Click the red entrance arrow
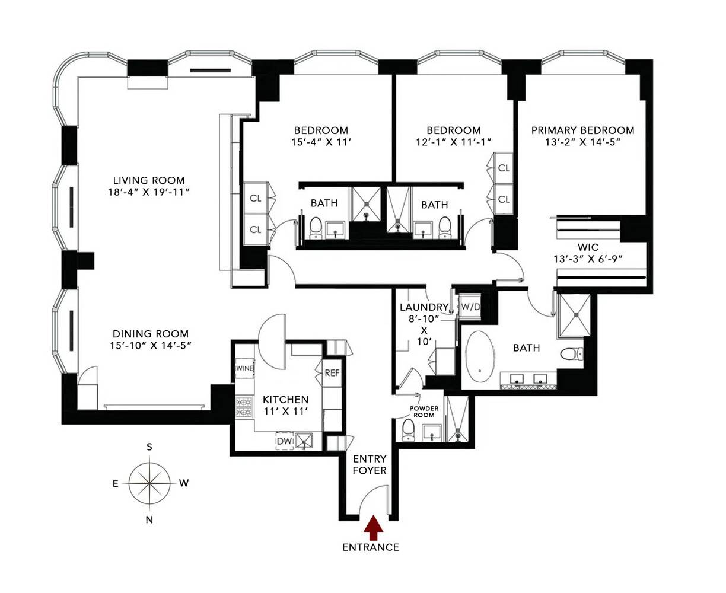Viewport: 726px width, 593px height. [373, 526]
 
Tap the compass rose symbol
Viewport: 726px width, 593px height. [150, 483]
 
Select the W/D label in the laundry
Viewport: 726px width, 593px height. [471, 307]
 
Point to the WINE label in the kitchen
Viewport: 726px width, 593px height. [244, 368]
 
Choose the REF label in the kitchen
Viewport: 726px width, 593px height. [332, 373]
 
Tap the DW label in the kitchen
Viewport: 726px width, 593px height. [284, 441]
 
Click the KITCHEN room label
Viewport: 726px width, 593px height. [286, 400]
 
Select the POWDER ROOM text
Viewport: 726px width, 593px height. [424, 412]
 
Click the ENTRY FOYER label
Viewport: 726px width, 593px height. [370, 464]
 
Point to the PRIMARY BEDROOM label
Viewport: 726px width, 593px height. [582, 130]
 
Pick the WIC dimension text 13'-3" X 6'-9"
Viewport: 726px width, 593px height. [587, 259]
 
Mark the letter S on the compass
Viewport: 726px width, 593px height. [150, 447]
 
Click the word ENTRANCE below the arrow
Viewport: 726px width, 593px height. [371, 547]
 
